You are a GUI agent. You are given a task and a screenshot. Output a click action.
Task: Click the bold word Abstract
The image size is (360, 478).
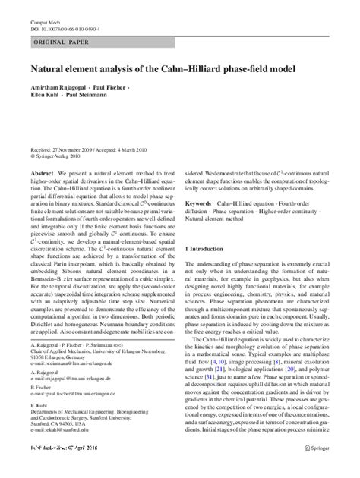pos(40,174)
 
